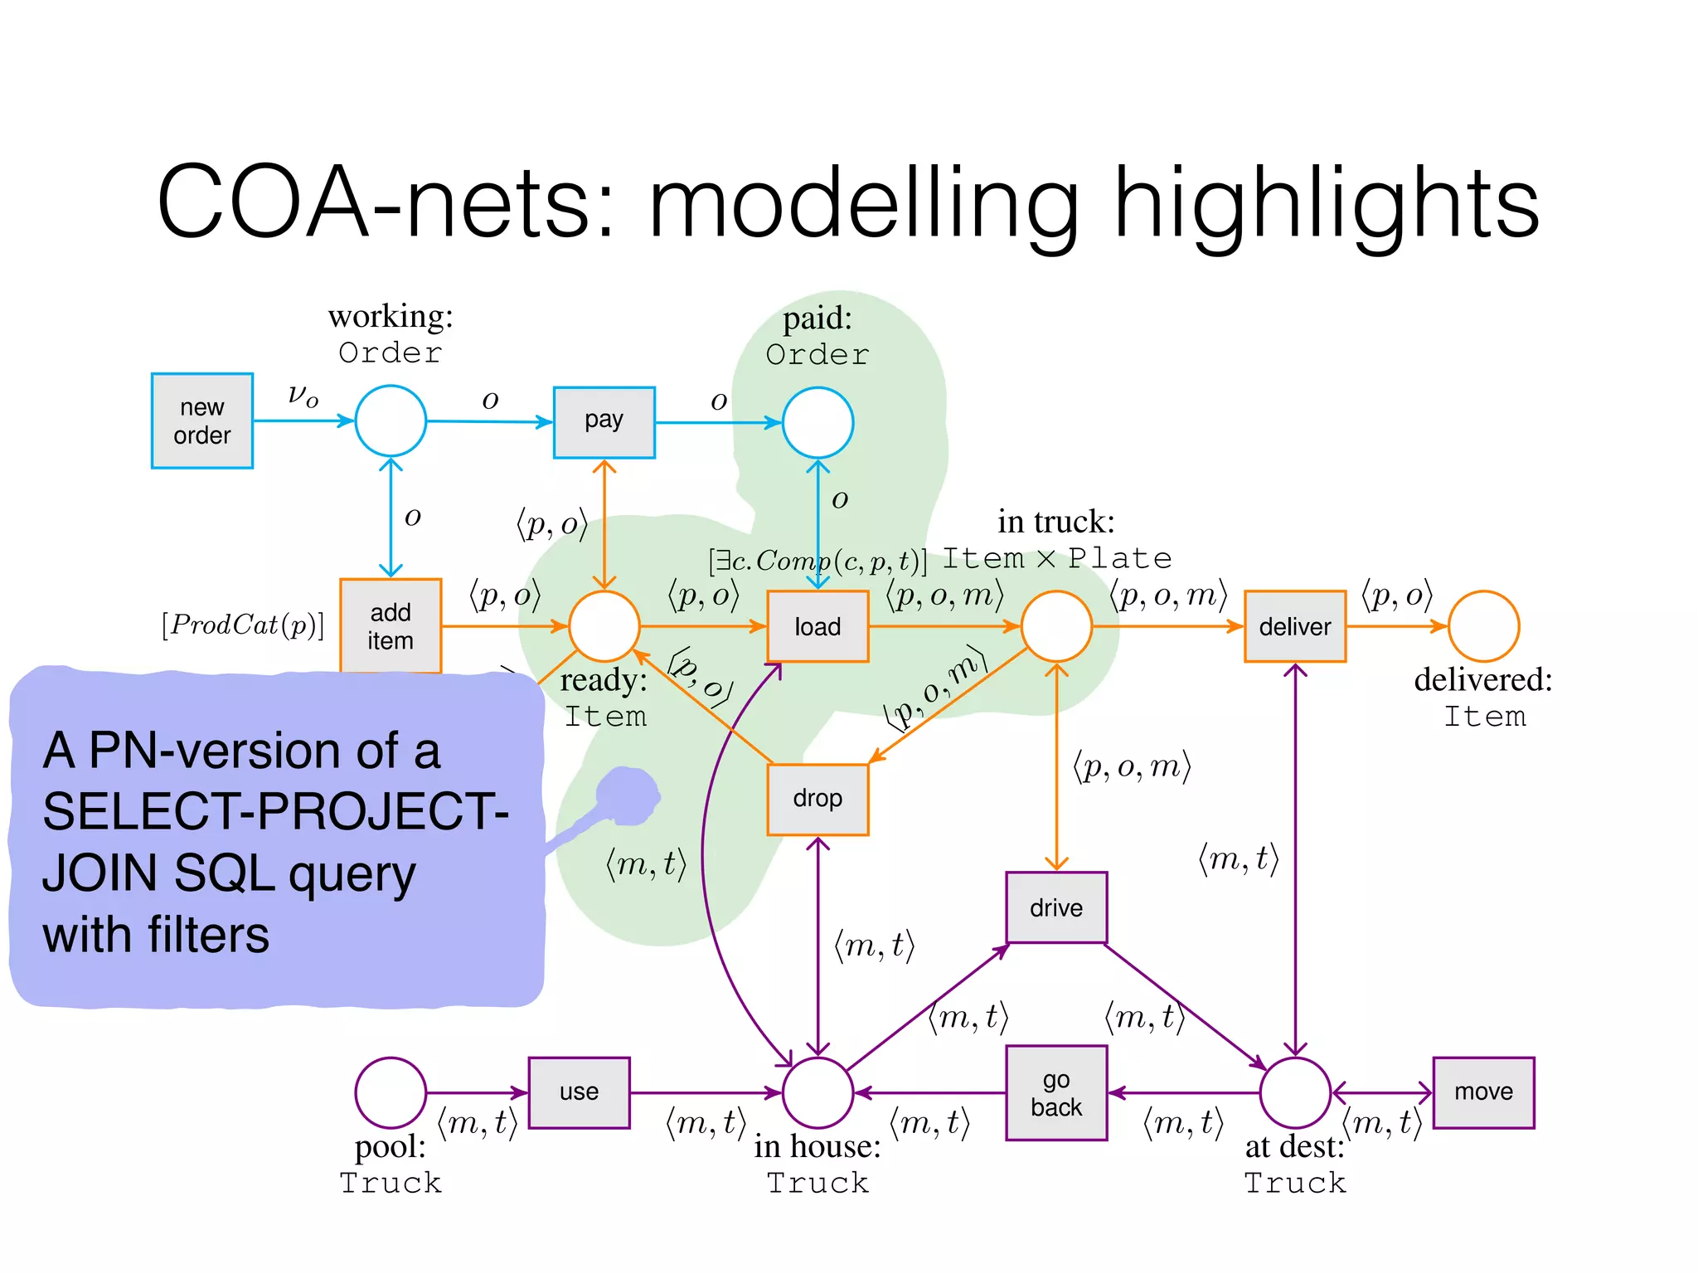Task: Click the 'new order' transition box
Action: coord(201,421)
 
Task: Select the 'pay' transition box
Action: coord(604,421)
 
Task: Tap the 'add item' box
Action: coord(391,625)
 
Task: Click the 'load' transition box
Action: coord(817,626)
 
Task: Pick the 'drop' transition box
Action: coord(817,799)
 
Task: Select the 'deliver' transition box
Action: coord(1294,626)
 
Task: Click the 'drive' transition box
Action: coord(1055,907)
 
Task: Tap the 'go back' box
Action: coord(1055,1093)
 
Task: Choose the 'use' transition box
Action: coord(579,1092)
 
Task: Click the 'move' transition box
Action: coord(1483,1092)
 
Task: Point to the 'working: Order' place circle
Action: coord(391,421)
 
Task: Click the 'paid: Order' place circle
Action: coord(817,422)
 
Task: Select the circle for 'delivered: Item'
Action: coord(1483,626)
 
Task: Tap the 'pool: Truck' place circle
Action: coord(391,1092)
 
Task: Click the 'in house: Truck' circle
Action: coord(817,1092)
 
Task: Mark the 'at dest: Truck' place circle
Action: coord(1294,1092)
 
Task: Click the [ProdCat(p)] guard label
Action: coord(243,625)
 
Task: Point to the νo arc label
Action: coord(303,395)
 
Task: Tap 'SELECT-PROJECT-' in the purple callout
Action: coord(275,811)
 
